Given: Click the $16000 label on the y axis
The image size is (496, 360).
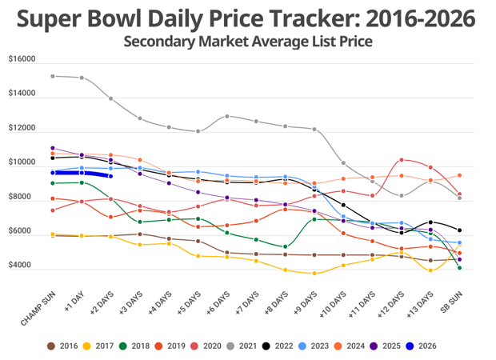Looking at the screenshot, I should tap(22, 59).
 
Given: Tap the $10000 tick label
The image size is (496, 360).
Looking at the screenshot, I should tap(22, 162).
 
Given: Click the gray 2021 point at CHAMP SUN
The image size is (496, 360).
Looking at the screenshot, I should tap(52, 76).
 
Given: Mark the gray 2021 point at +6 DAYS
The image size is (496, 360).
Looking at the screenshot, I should tap(227, 116).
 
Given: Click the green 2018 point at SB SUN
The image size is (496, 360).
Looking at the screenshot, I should tap(459, 268).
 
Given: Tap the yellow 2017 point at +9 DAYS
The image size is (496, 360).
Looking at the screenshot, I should tap(314, 274).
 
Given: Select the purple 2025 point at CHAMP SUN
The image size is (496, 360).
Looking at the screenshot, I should tap(52, 148).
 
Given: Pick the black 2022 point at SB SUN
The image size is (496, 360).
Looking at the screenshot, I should tap(459, 230).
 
